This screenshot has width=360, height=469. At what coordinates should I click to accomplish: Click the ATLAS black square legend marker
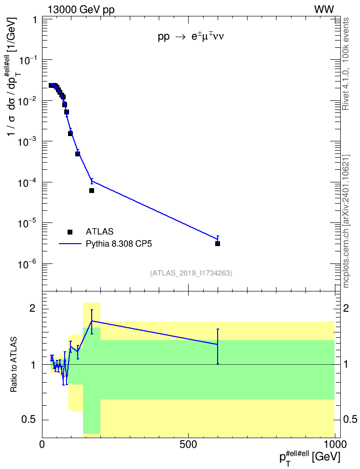pos(69,232)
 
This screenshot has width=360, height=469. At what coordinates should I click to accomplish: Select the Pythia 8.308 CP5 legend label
pos(119,244)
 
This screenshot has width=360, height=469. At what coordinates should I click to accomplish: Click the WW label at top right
pos(324,10)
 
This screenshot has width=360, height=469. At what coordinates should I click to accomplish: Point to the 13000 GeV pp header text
pos(81,10)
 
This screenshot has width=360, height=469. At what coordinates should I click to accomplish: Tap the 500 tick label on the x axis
pos(189,444)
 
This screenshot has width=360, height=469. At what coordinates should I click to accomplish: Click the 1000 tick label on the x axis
pos(334,444)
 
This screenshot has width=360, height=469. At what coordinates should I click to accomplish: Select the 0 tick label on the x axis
pos(42,444)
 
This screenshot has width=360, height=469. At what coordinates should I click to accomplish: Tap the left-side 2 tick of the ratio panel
pos(33,308)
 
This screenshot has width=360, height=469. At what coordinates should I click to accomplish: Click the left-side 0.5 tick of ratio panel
pos(29,420)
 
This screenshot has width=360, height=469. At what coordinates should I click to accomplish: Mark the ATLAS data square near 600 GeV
pos(218,244)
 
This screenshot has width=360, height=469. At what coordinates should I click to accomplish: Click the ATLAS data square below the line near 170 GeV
pos(92,191)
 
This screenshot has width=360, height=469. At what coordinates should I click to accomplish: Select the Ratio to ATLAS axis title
pos(13,365)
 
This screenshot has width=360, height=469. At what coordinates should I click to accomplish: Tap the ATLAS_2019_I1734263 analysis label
pos(191,273)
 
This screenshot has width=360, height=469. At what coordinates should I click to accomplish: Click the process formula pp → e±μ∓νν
pos(191,37)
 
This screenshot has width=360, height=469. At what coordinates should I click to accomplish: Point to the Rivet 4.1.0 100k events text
pos(346,64)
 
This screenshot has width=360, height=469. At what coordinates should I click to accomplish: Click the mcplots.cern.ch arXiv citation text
pos(346,221)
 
